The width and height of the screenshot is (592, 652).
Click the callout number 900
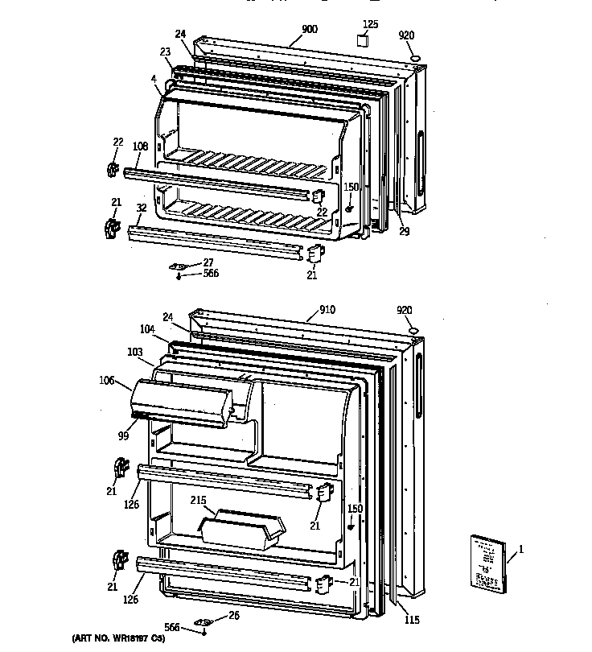pyautogui.click(x=309, y=30)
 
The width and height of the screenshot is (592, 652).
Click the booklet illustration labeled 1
pyautogui.click(x=487, y=565)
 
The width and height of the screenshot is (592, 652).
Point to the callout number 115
pyautogui.click(x=412, y=619)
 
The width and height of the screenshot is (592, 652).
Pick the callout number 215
pyautogui.click(x=198, y=501)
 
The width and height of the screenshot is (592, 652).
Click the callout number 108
pyautogui.click(x=140, y=146)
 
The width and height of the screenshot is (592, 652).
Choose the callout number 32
pyautogui.click(x=142, y=207)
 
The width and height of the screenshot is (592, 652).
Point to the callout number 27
pyautogui.click(x=208, y=262)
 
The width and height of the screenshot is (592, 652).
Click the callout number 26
pyautogui.click(x=234, y=617)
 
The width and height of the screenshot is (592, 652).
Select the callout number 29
pyautogui.click(x=404, y=232)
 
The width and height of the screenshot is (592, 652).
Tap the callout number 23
pyautogui.click(x=165, y=52)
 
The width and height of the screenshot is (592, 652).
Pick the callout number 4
pyautogui.click(x=151, y=78)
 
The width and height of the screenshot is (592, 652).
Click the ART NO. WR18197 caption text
pyautogui.click(x=118, y=638)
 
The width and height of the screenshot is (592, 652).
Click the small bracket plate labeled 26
pyautogui.click(x=204, y=622)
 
